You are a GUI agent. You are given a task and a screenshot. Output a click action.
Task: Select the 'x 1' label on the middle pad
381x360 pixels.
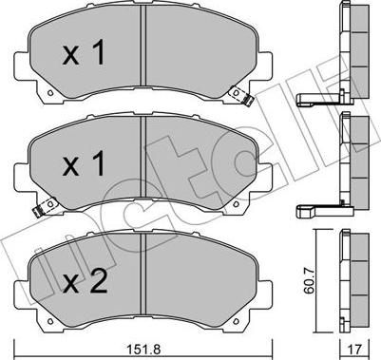[x=83, y=166]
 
